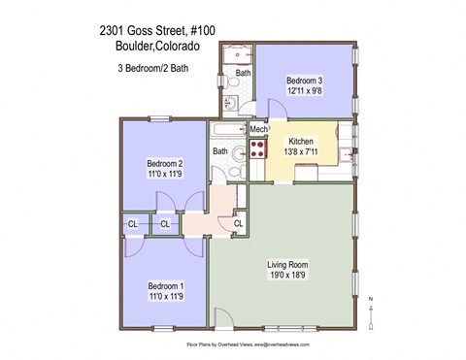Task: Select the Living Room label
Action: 287,263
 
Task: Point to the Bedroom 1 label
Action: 165,286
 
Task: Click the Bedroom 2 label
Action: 164,163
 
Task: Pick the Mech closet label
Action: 258,129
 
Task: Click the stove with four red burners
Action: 259,148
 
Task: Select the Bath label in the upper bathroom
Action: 243,73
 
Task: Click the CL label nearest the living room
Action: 238,224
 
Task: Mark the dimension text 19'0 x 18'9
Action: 287,276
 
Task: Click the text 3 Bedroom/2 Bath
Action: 155,68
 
